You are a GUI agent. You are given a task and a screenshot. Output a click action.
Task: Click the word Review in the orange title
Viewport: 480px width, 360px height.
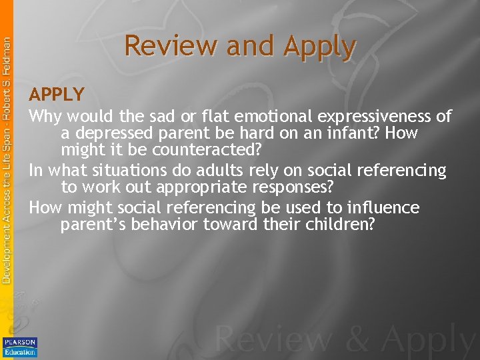pos(171,47)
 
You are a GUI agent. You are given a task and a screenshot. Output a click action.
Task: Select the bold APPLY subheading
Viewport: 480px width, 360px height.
pos(57,95)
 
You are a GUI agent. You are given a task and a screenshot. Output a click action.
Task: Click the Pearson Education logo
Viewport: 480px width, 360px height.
pos(20,347)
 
